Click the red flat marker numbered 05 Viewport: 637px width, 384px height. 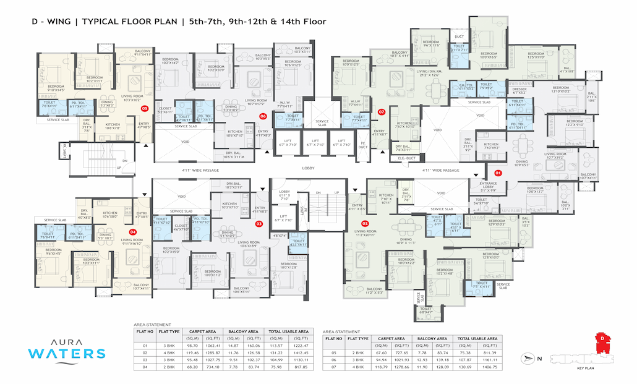145,108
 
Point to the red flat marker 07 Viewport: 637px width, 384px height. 382,112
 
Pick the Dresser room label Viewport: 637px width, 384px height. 519,91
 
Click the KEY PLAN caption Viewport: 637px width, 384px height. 585,369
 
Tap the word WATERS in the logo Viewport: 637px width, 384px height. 61,354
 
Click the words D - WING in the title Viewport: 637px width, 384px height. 53,22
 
